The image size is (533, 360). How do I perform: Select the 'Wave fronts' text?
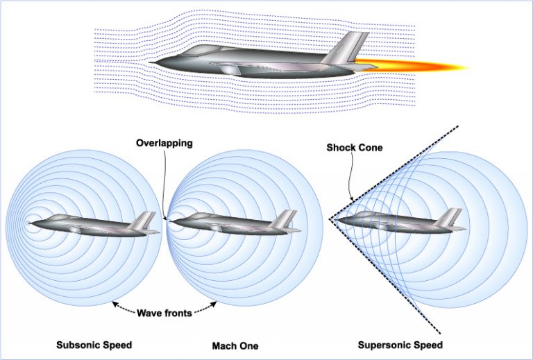click(x=164, y=313)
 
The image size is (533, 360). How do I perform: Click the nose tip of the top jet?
click(x=150, y=63)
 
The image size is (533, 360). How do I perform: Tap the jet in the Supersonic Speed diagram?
click(x=403, y=220)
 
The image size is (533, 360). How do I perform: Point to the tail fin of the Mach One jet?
click(x=285, y=220)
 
